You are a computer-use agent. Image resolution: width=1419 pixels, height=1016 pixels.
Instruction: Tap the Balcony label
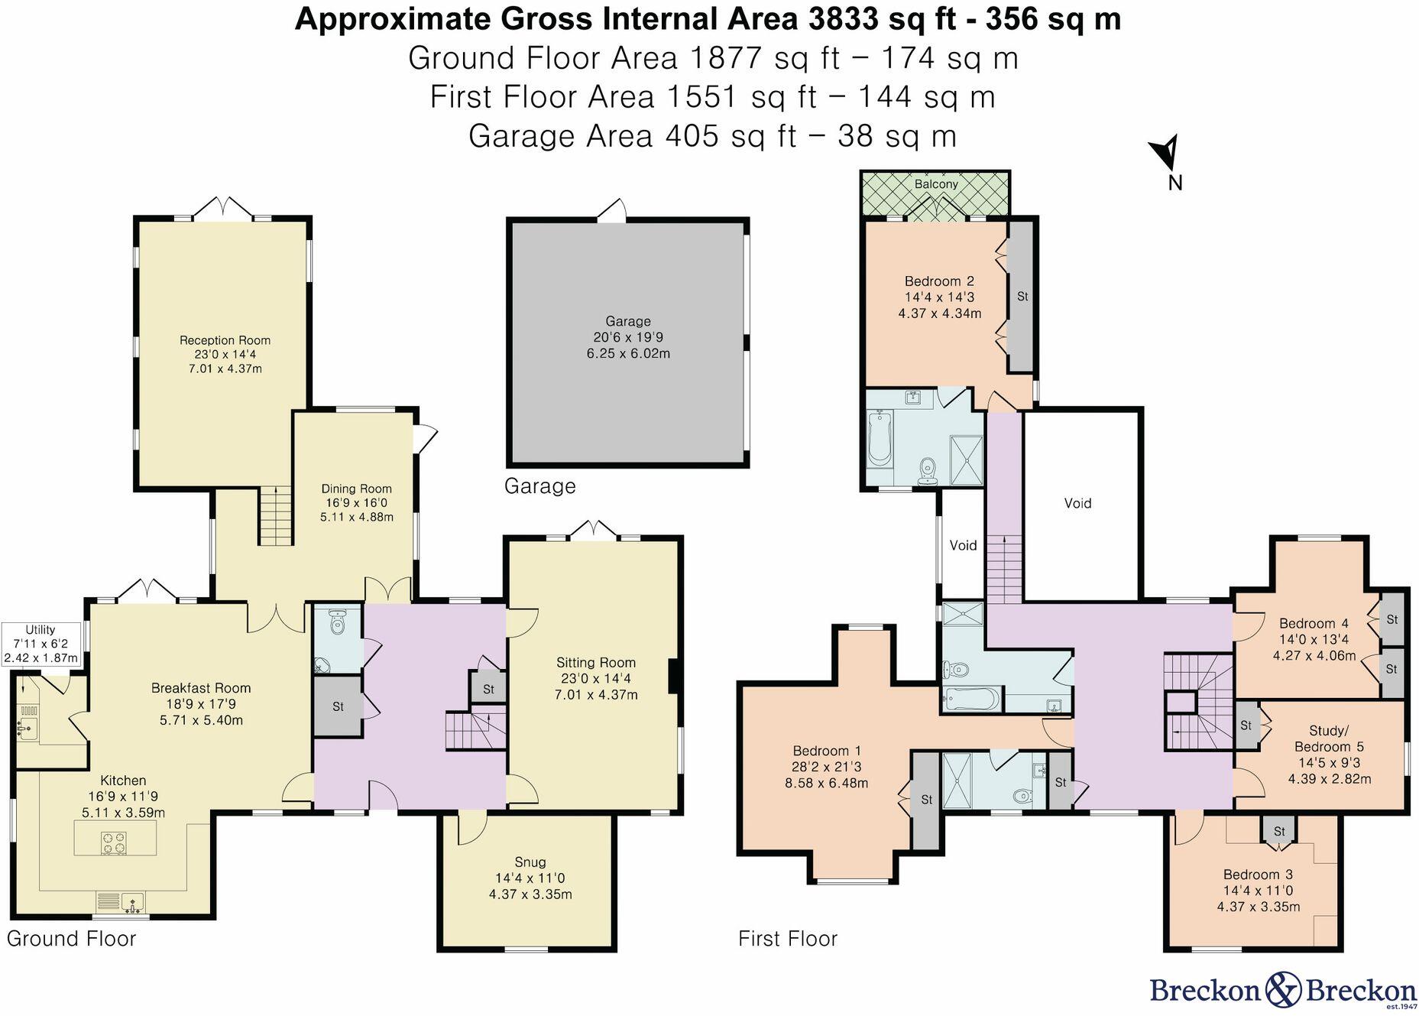point(936,184)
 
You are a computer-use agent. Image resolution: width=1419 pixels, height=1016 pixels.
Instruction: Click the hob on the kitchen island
point(115,842)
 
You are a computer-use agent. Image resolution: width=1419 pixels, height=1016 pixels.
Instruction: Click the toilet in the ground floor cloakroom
point(337,623)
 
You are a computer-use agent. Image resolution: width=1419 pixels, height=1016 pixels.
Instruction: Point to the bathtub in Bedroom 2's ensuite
point(880,438)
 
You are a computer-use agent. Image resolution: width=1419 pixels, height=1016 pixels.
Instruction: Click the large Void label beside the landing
point(1077,503)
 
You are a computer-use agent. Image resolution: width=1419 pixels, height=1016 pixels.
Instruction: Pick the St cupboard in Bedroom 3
point(1279,831)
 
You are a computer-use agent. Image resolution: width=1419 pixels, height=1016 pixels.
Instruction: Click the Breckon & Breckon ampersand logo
point(1284,991)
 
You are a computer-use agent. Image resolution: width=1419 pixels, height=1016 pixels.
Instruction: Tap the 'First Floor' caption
point(788,939)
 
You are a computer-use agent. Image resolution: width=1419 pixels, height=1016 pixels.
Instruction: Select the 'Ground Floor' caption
point(71,939)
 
